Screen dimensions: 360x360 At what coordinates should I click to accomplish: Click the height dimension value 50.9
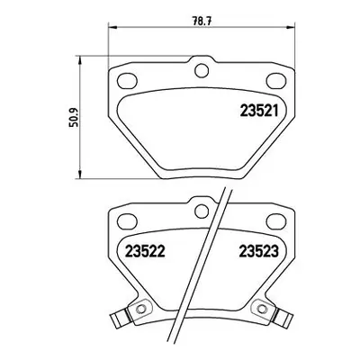tap(73, 117)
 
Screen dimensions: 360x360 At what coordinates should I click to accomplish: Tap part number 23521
tap(259, 111)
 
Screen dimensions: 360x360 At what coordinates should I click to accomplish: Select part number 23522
tap(145, 251)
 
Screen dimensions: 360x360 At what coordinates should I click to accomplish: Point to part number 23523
tap(259, 251)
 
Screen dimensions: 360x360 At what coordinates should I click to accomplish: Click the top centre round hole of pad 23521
tap(202, 71)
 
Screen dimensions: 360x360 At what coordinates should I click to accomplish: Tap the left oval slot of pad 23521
tap(127, 81)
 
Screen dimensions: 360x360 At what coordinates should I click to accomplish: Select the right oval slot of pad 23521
tap(276, 81)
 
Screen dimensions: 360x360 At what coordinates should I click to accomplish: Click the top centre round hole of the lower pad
tap(202, 211)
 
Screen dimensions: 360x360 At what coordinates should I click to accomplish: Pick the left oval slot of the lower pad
tap(127, 221)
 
